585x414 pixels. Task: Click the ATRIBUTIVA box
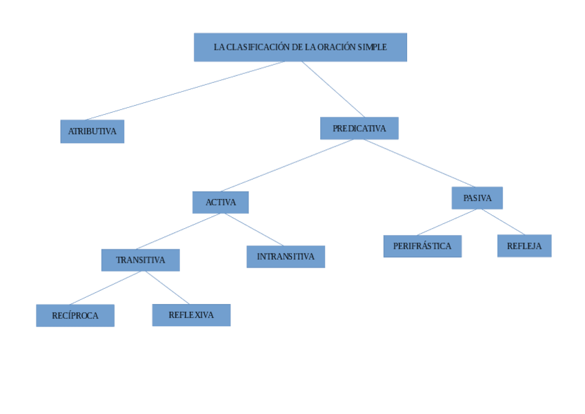tap(92, 131)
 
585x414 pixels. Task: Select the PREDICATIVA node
tap(359, 129)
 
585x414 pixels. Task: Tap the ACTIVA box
tap(220, 203)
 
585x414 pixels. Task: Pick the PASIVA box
tap(477, 198)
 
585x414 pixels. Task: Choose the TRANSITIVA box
tap(140, 261)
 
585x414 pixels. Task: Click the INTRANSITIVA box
tap(286, 257)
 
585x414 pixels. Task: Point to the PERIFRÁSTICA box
tap(422, 246)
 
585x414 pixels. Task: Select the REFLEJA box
tap(524, 246)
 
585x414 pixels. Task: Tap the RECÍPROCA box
tap(75, 316)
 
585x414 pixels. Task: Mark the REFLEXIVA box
tap(191, 315)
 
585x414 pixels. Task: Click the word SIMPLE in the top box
tap(373, 48)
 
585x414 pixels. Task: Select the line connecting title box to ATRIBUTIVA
tap(185, 91)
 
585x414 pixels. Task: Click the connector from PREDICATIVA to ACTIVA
tap(288, 165)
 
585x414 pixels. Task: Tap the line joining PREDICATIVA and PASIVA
tap(419, 163)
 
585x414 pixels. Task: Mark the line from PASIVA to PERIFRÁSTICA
tap(446, 222)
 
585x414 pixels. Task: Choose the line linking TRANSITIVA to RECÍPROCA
tap(107, 288)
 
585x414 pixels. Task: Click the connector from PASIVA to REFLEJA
tap(503, 222)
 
